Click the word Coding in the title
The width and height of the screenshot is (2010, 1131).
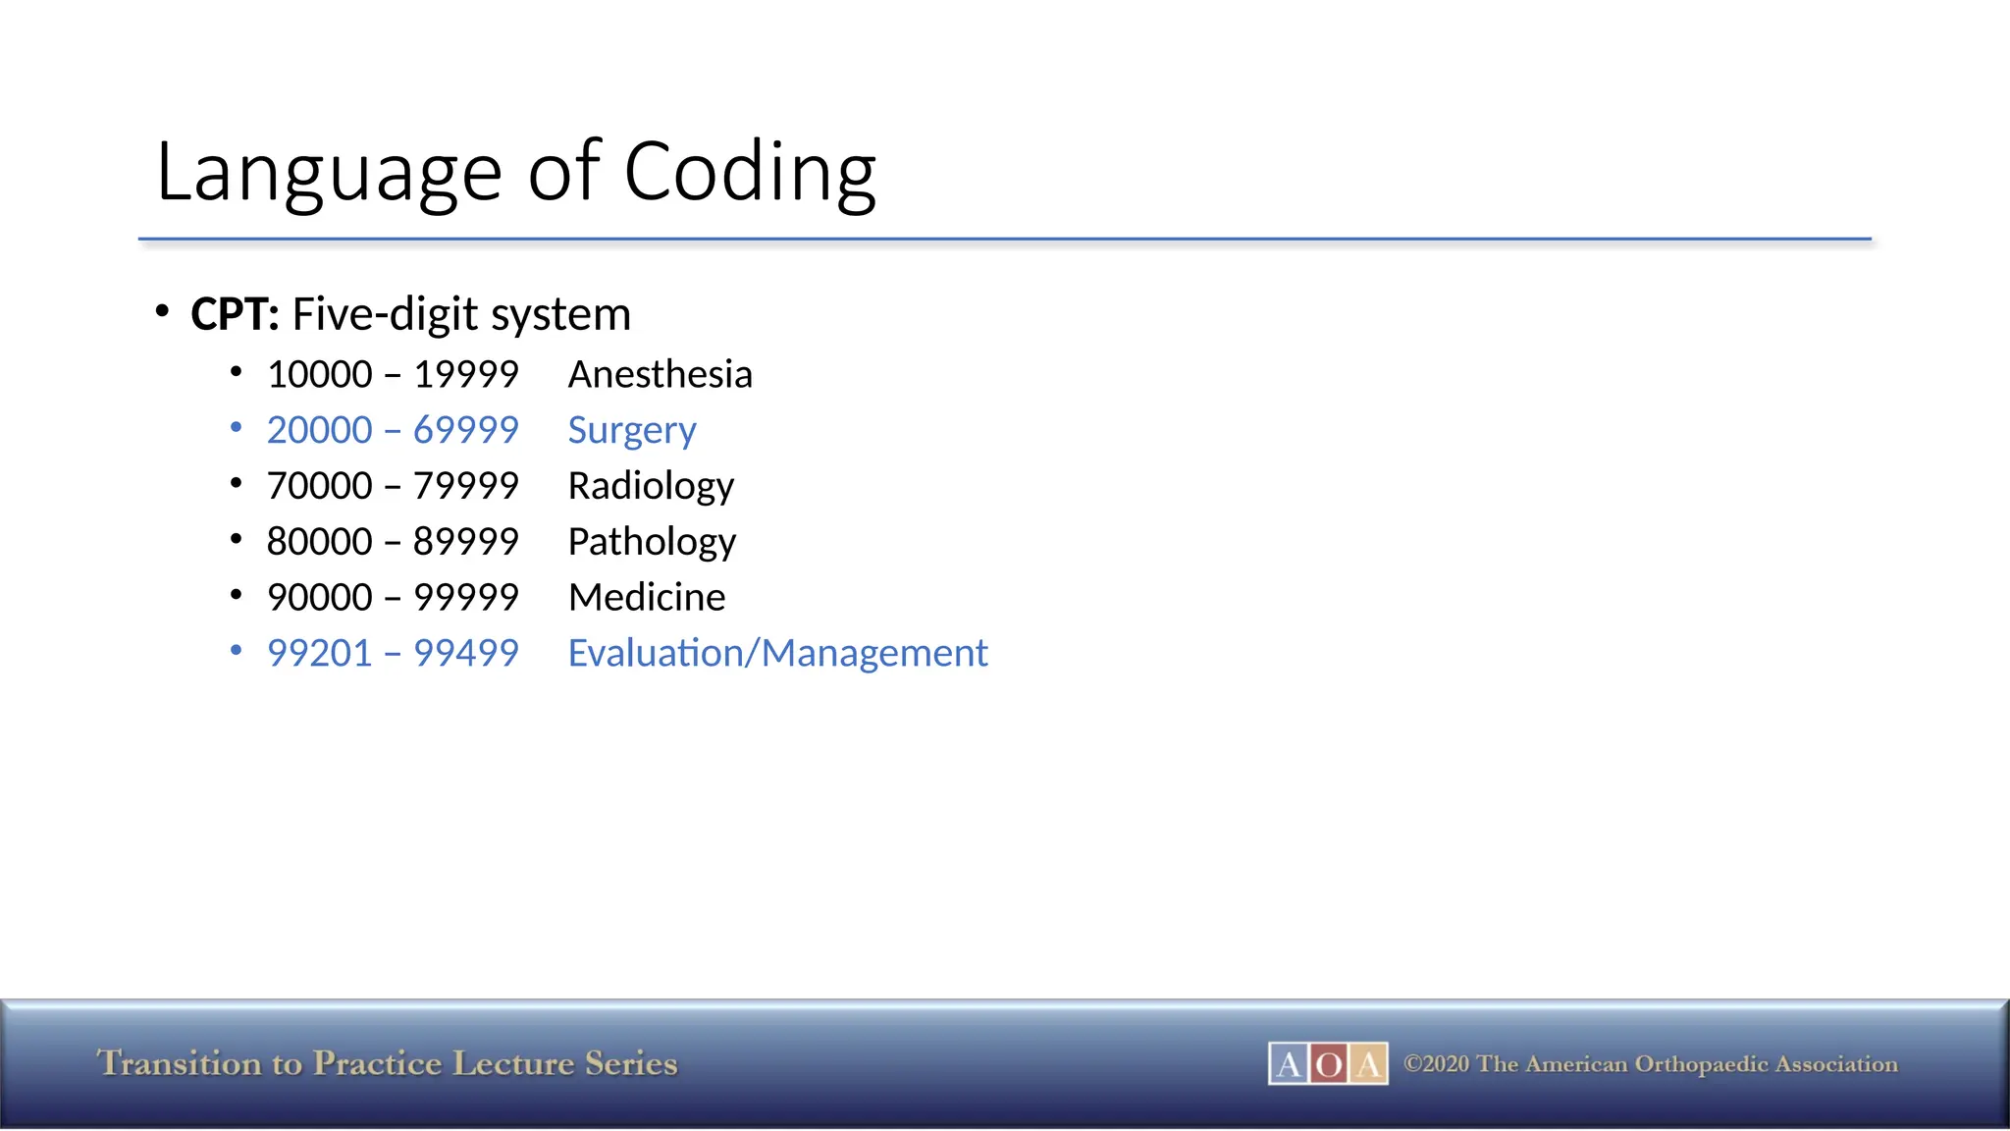click(x=750, y=173)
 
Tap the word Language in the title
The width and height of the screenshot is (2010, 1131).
click(x=330, y=173)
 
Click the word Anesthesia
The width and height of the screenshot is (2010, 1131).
click(x=660, y=374)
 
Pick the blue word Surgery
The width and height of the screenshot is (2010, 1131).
click(x=632, y=430)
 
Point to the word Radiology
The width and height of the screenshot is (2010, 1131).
click(x=651, y=486)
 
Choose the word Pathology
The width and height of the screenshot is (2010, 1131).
click(x=652, y=542)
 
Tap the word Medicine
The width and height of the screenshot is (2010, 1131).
click(x=647, y=597)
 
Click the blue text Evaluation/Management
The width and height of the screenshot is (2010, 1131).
click(x=777, y=653)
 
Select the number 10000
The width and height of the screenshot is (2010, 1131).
click(x=320, y=374)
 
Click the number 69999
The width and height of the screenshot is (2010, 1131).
click(x=465, y=430)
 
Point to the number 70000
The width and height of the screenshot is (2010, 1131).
click(x=320, y=486)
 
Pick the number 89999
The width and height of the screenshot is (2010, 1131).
click(x=465, y=542)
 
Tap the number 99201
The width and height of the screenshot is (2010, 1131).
click(x=320, y=653)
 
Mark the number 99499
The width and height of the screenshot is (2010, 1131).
click(x=465, y=653)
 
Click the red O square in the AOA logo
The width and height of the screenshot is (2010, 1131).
click(x=1328, y=1064)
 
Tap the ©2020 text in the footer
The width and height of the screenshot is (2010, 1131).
click(x=1436, y=1064)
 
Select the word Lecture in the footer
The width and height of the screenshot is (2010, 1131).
click(x=513, y=1063)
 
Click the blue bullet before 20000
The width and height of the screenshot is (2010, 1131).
click(x=236, y=428)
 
